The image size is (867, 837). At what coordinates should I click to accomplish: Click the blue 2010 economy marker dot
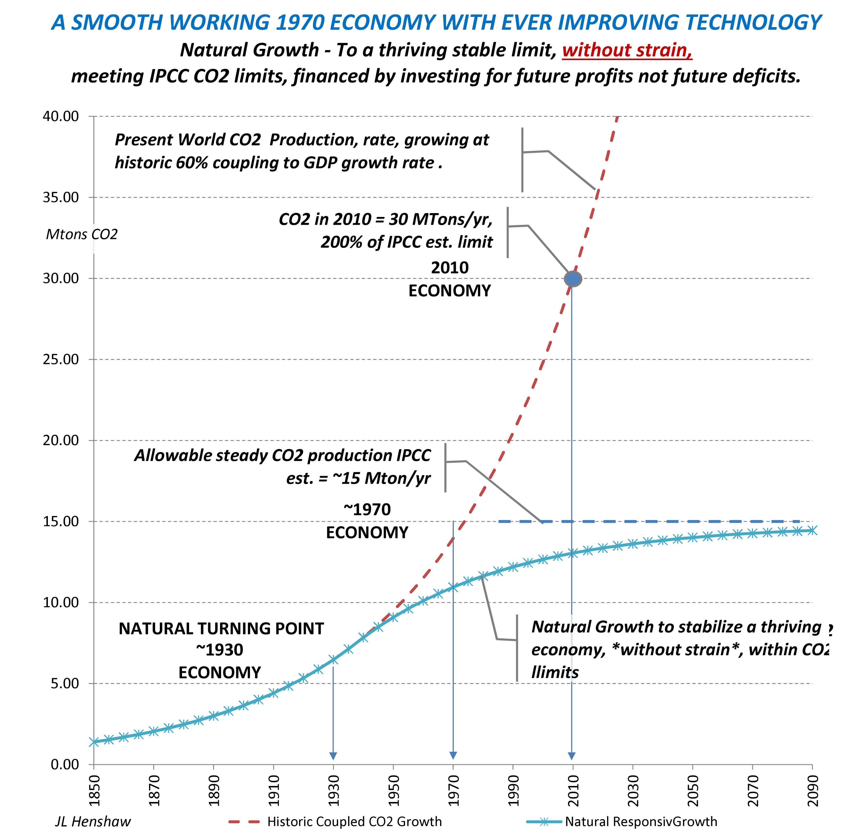point(573,279)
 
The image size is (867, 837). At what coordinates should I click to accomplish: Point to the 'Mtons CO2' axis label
point(82,234)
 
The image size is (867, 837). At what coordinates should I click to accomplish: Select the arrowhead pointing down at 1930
point(333,756)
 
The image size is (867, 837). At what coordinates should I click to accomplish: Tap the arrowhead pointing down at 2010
point(572,756)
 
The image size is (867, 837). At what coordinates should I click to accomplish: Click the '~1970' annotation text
point(367,510)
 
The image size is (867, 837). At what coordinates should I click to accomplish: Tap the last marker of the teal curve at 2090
point(812,530)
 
